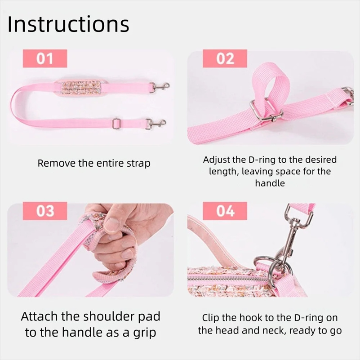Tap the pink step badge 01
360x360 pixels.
tap(45, 59)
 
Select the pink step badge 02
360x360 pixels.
tap(225, 59)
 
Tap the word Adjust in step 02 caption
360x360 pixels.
tap(217, 160)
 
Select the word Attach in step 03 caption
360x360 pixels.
tap(39, 316)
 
